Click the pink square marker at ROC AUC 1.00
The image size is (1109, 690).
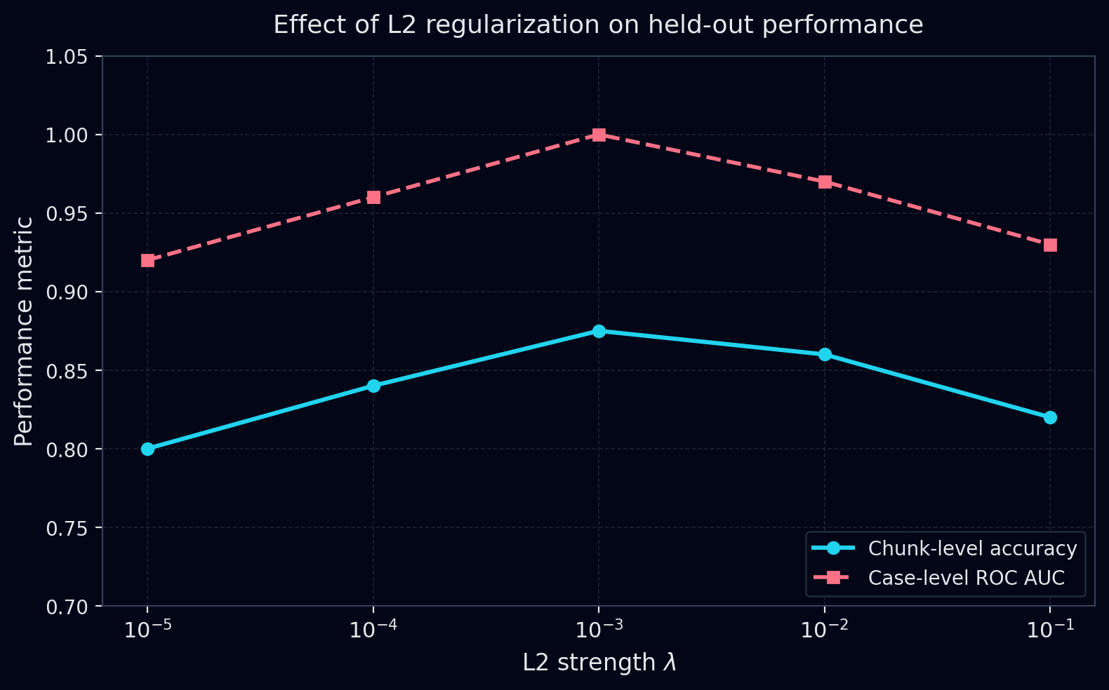(x=599, y=135)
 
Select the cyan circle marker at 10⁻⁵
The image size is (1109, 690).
(x=147, y=449)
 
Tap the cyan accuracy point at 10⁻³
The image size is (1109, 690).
(x=599, y=331)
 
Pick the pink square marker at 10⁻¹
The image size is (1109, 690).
(x=1050, y=245)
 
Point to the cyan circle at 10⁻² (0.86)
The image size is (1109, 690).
(x=825, y=354)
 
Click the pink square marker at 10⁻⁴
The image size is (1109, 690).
(x=373, y=197)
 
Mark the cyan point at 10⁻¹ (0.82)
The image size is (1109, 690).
(x=1050, y=417)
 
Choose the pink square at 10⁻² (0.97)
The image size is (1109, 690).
(x=825, y=182)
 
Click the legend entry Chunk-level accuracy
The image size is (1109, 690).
(x=972, y=548)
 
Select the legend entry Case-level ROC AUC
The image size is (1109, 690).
(x=966, y=578)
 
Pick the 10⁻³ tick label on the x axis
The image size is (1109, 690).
(x=599, y=629)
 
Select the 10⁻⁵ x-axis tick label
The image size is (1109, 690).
(x=147, y=629)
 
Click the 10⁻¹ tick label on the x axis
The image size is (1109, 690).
(x=1050, y=629)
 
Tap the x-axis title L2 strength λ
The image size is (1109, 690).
(x=599, y=663)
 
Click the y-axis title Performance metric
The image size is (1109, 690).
(x=24, y=331)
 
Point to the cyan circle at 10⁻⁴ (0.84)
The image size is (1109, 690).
(x=373, y=386)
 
